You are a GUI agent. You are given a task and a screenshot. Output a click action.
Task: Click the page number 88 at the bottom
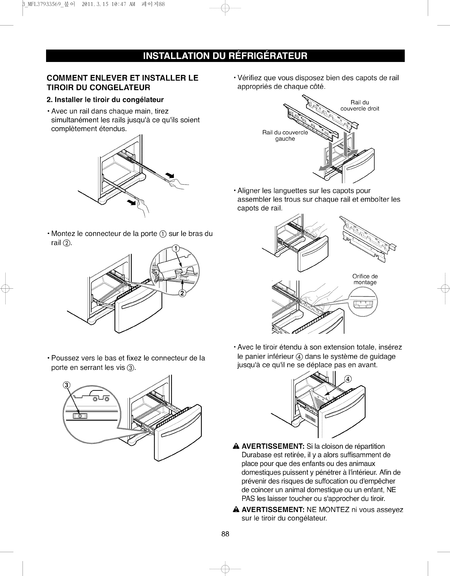225,534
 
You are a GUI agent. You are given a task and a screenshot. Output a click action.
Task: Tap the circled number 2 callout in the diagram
182,293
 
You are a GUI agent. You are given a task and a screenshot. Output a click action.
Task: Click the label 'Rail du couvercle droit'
360,105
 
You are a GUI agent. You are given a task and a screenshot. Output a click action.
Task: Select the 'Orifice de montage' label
365,279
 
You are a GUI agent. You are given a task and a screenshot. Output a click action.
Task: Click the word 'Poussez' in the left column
63,358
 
